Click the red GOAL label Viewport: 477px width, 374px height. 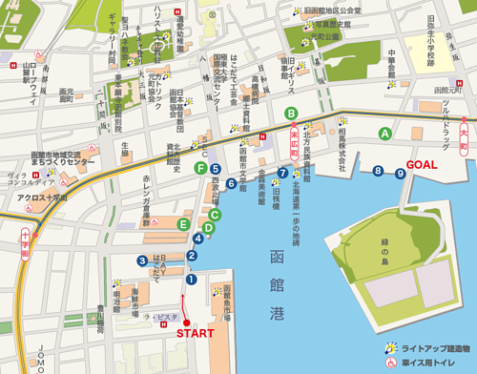point(422,164)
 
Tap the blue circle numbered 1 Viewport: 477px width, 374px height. point(190,279)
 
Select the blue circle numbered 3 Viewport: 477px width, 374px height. point(141,260)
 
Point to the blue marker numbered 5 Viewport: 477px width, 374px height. point(218,170)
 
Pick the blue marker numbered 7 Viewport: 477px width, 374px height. point(282,173)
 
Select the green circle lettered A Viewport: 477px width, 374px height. point(385,133)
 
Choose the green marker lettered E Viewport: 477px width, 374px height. point(183,224)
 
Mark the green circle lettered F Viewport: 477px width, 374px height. point(200,168)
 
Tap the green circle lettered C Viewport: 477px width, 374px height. point(216,215)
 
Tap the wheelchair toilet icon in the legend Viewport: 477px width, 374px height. point(391,364)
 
